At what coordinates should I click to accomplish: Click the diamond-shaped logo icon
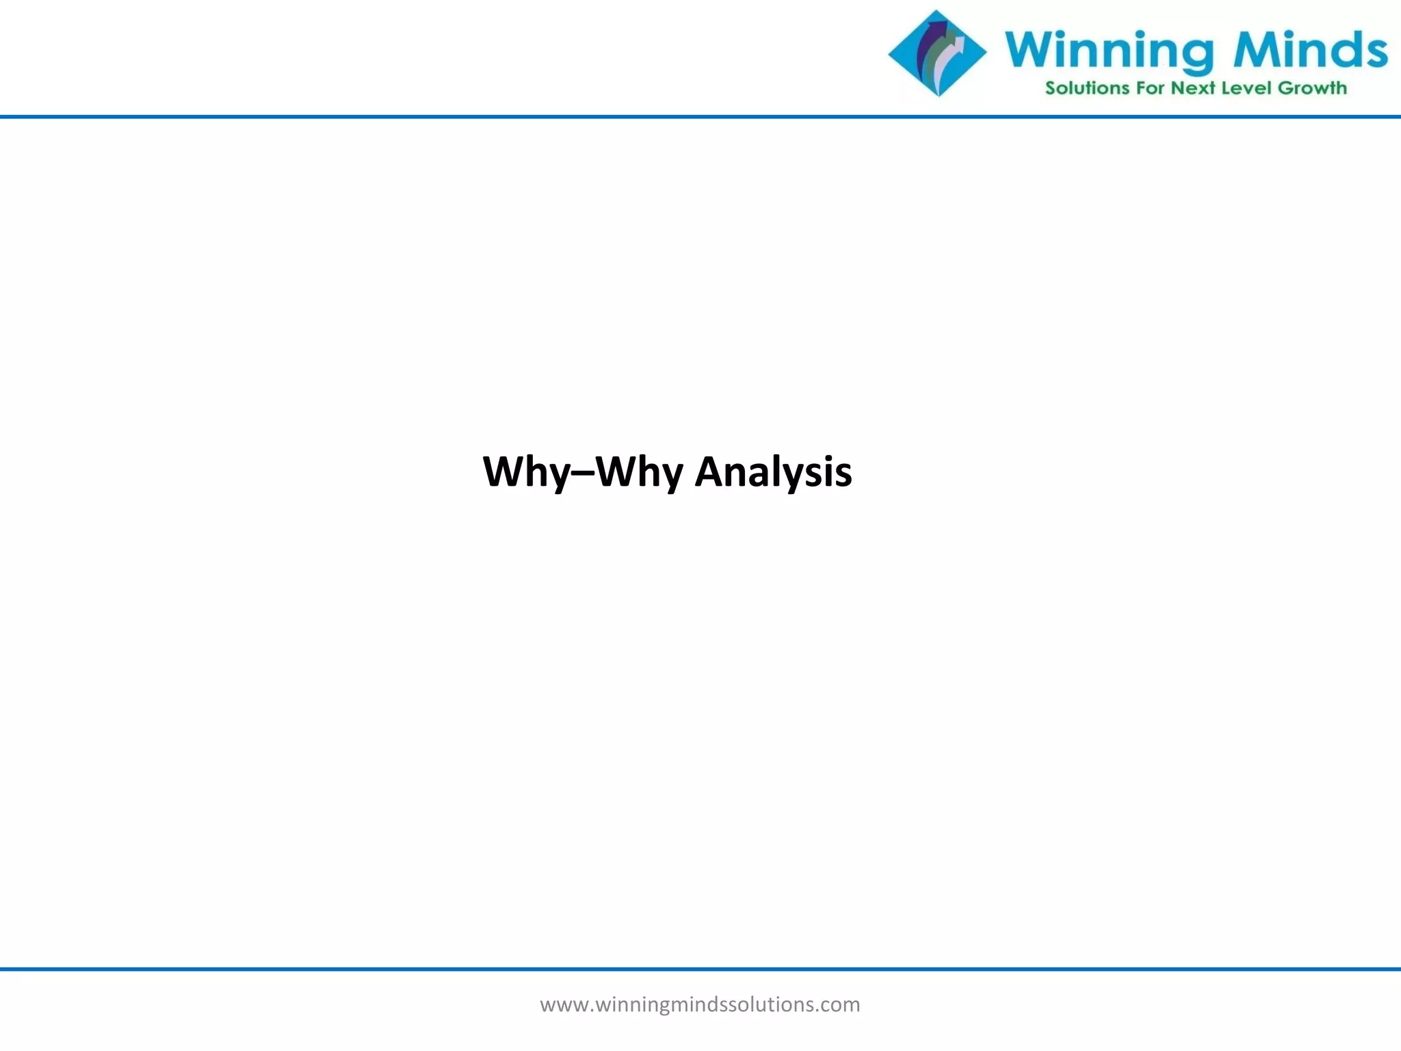pos(937,53)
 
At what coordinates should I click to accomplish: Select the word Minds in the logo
pos(1310,49)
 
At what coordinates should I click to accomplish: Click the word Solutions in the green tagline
pos(1087,88)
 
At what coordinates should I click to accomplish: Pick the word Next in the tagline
pos(1193,88)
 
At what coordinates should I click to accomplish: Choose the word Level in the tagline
pos(1246,88)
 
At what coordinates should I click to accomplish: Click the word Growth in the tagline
pos(1312,88)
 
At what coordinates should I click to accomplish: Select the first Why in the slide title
pos(526,472)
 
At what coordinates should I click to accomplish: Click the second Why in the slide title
pos(640,472)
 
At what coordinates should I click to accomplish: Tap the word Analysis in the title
pos(773,472)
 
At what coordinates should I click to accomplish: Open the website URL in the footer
pos(700,1004)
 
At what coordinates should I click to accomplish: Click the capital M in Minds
pos(1255,49)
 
